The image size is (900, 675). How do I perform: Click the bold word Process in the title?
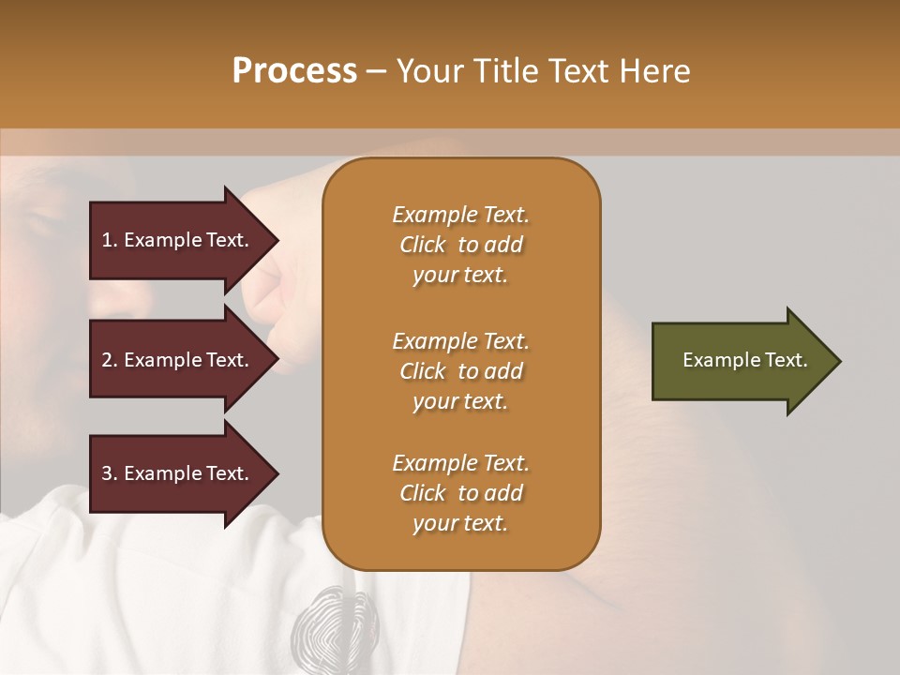click(294, 71)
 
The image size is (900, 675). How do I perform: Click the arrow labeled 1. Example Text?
click(178, 240)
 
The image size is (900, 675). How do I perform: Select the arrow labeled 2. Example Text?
click(178, 360)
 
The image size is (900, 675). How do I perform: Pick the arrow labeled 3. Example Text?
click(178, 473)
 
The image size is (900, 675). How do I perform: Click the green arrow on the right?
click(741, 361)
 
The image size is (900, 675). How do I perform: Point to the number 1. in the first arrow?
click(110, 240)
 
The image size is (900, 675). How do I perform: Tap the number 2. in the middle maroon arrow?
click(110, 360)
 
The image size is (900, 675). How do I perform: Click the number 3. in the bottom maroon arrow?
click(110, 473)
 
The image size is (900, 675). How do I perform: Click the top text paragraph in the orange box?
click(460, 245)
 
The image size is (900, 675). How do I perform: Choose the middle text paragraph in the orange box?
click(460, 371)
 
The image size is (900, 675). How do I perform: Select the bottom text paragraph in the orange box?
click(460, 493)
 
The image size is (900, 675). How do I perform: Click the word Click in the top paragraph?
click(422, 245)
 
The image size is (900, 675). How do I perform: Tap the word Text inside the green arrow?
click(786, 360)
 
